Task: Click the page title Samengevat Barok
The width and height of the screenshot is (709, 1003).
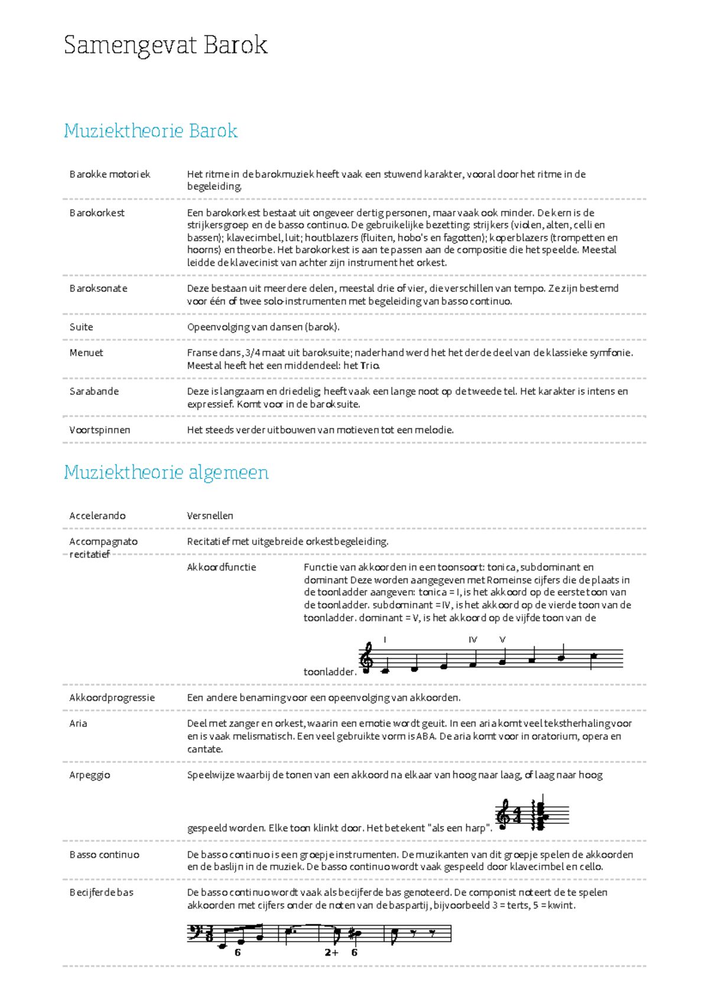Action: pyautogui.click(x=165, y=45)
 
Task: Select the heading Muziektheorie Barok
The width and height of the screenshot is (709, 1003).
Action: pyautogui.click(x=151, y=131)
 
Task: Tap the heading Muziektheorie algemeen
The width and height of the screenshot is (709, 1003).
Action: pyautogui.click(x=166, y=473)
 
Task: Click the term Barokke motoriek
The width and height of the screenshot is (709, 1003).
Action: pyautogui.click(x=110, y=174)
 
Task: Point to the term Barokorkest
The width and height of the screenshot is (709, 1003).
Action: pyautogui.click(x=97, y=213)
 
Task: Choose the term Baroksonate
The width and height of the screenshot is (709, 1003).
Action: pyautogui.click(x=98, y=288)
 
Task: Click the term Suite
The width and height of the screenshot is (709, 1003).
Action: pyautogui.click(x=81, y=327)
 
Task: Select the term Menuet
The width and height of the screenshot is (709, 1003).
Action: pyautogui.click(x=86, y=353)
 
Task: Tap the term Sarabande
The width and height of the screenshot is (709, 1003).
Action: pyautogui.click(x=94, y=391)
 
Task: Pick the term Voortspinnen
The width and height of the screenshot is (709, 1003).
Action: pyautogui.click(x=100, y=430)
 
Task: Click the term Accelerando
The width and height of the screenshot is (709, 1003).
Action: pyautogui.click(x=97, y=516)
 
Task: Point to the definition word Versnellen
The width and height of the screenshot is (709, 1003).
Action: pyautogui.click(x=210, y=516)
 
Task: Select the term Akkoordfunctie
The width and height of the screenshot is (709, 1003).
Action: pyautogui.click(x=222, y=567)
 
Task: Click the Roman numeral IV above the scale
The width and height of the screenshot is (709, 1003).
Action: pyautogui.click(x=473, y=640)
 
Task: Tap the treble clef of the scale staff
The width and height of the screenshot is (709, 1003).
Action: pyautogui.click(x=367, y=657)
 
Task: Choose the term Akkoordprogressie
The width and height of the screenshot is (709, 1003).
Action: pyautogui.click(x=112, y=698)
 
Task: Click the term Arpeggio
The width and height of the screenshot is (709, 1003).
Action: pyautogui.click(x=90, y=775)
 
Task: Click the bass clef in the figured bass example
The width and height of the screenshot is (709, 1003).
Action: pyautogui.click(x=195, y=933)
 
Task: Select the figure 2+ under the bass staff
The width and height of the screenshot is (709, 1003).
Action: pyautogui.click(x=331, y=952)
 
